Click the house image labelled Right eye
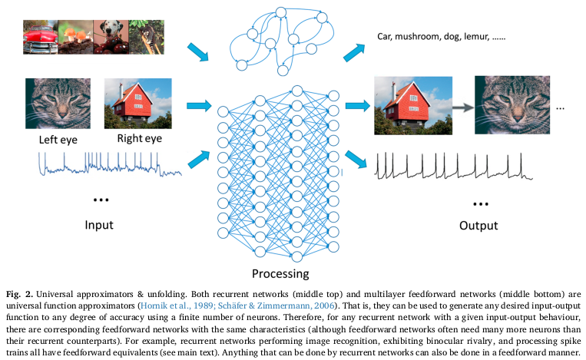tap(134, 104)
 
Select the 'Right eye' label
tap(139, 139)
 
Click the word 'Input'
tap(99, 225)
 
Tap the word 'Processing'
tap(280, 273)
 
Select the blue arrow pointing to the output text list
tap(355, 52)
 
